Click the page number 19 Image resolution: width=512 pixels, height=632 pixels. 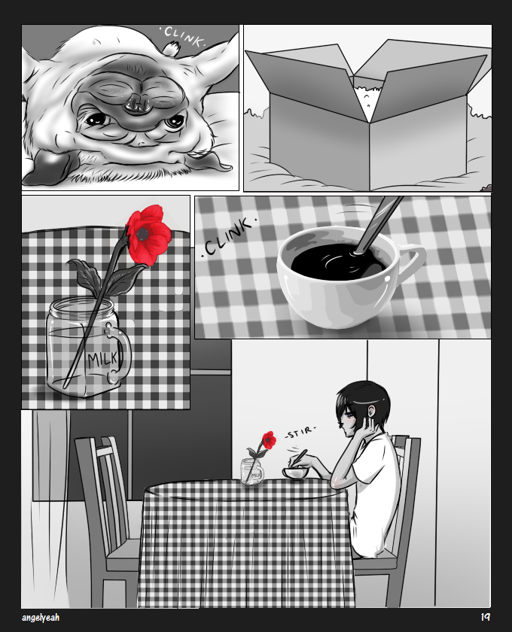(485, 617)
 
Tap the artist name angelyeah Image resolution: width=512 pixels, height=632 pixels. (41, 618)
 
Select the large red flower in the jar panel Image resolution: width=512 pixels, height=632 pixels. (148, 235)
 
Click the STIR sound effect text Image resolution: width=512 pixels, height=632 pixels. (300, 433)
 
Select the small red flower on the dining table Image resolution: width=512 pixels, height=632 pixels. (269, 440)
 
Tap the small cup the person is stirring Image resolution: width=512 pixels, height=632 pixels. (296, 473)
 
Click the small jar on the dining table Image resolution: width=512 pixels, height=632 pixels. (252, 472)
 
